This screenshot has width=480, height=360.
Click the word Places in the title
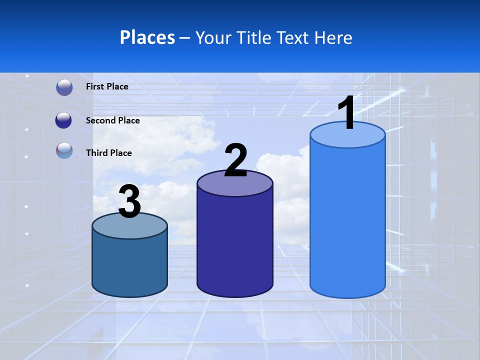tap(147, 37)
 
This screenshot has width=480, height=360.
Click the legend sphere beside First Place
tap(64, 87)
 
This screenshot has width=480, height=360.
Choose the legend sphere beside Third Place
tap(64, 151)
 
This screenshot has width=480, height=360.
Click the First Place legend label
tap(107, 86)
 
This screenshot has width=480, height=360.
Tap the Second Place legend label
tap(112, 120)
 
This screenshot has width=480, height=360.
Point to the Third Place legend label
tap(108, 153)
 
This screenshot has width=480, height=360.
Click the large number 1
tap(347, 113)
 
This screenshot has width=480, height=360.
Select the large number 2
tap(235, 160)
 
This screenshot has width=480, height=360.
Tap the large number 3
tap(129, 201)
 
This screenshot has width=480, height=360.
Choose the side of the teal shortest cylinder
tap(129, 265)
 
